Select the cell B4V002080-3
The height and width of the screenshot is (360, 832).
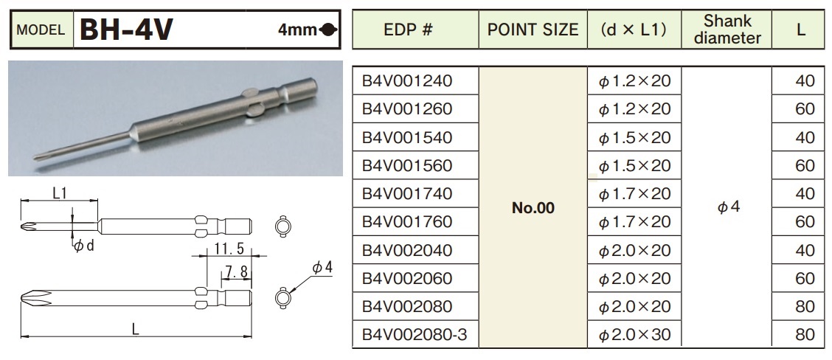414,335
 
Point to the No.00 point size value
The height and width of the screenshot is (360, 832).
532,208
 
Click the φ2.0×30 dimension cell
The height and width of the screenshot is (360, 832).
634,335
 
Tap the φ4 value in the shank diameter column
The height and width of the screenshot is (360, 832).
727,208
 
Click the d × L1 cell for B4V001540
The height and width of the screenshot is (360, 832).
634,137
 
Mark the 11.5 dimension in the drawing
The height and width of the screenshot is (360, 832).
226,249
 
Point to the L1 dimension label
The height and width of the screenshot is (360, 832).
60,193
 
